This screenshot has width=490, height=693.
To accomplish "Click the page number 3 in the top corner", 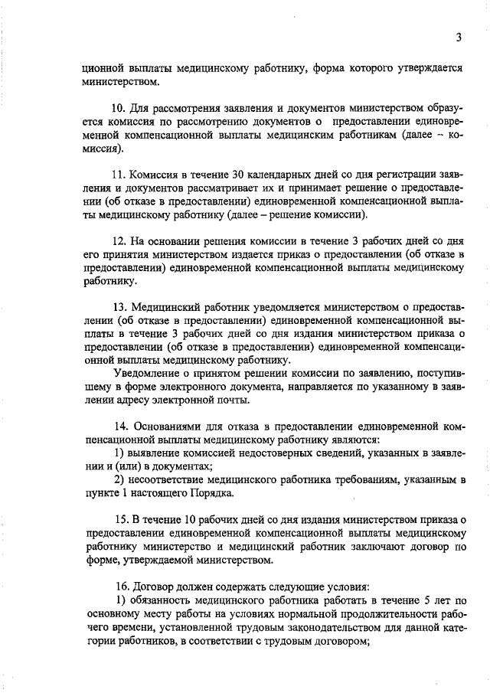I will click(x=457, y=37).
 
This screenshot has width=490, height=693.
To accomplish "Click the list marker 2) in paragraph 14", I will click(x=119, y=479).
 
